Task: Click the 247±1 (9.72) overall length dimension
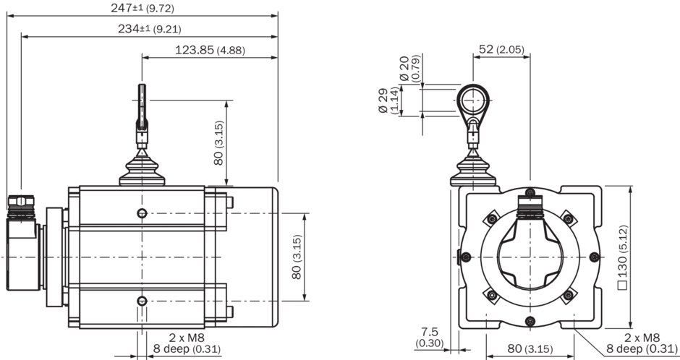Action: point(143,8)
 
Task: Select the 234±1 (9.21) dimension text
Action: point(150,29)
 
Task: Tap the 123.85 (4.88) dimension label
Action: point(210,50)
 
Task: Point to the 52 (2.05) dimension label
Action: point(501,49)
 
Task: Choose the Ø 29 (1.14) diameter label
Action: point(388,100)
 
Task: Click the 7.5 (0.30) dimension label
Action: point(429,338)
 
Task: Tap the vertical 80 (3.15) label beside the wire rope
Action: point(218,143)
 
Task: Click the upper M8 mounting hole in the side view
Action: point(142,213)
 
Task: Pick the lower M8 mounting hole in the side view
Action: point(142,301)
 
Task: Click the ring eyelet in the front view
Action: point(473,100)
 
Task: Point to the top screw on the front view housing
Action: point(530,192)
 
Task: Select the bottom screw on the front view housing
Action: point(530,321)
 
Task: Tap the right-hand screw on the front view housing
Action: point(595,257)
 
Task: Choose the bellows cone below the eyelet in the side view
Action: point(142,168)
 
